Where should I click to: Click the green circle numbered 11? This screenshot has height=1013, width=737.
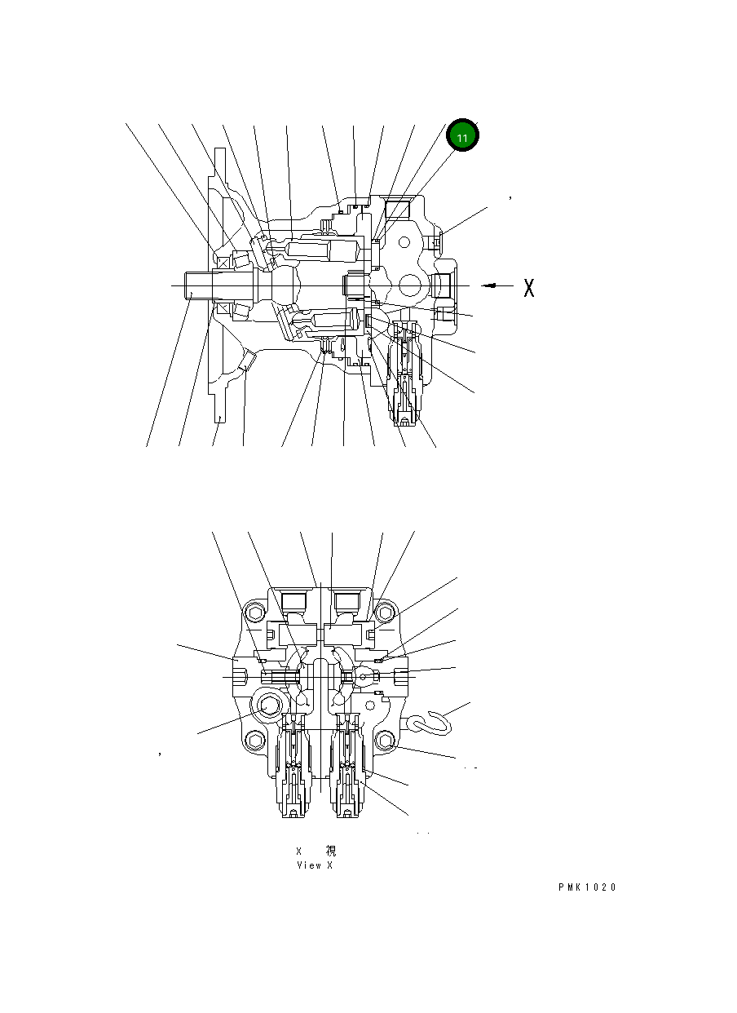click(x=462, y=137)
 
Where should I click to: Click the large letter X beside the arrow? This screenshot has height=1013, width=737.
click(x=528, y=287)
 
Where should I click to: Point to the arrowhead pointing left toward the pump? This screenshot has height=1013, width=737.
click(x=488, y=285)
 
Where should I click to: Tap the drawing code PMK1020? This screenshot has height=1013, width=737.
click(x=587, y=887)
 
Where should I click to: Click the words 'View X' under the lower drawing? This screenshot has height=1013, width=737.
click(x=314, y=865)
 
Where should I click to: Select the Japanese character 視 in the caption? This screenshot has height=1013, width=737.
click(x=330, y=851)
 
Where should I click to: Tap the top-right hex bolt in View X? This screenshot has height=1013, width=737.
click(x=386, y=613)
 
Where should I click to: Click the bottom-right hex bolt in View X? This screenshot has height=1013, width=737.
click(x=387, y=740)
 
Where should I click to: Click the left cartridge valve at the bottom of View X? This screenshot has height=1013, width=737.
click(x=293, y=771)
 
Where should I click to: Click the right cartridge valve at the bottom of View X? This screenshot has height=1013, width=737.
click(x=348, y=771)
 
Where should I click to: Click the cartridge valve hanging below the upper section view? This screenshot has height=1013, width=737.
click(x=406, y=375)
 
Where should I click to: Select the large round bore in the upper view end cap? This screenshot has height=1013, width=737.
click(x=410, y=285)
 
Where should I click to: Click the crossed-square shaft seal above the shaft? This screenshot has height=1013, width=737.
click(x=222, y=263)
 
